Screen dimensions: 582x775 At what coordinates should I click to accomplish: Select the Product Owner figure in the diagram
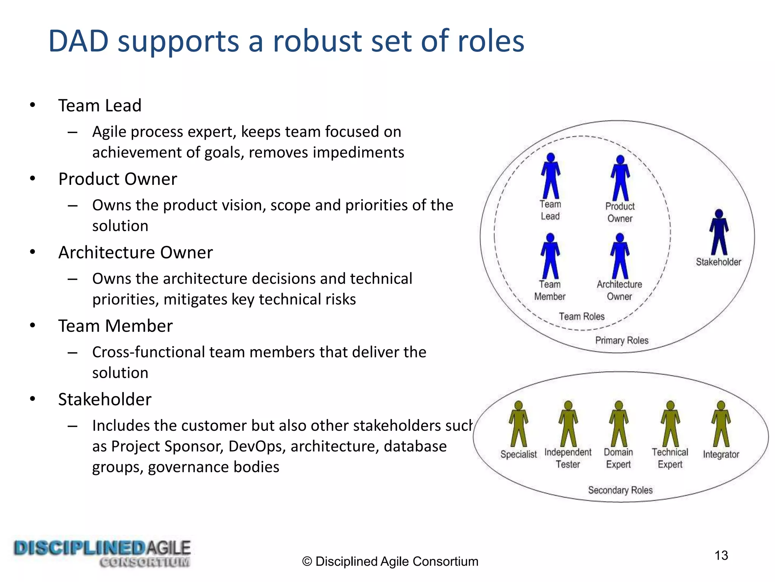(x=620, y=178)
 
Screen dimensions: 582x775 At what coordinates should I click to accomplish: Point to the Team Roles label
(x=582, y=316)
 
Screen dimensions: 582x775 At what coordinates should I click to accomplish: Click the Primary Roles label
(x=622, y=340)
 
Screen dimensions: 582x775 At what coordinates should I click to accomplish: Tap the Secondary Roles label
(x=620, y=490)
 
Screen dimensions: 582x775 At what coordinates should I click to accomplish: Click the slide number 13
(x=721, y=555)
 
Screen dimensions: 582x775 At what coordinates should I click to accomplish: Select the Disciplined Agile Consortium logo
(x=102, y=554)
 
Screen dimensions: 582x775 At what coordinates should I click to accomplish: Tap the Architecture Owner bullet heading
(x=135, y=252)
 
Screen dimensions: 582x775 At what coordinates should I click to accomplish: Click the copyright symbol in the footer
(x=307, y=562)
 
